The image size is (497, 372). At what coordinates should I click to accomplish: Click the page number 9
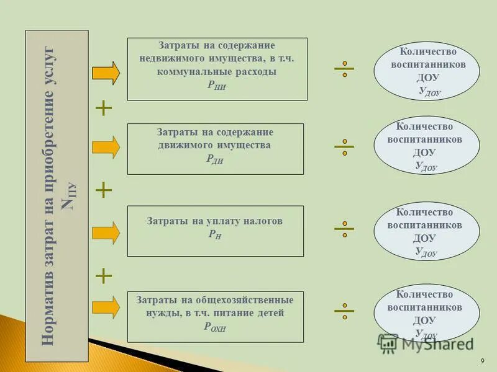[x=483, y=361]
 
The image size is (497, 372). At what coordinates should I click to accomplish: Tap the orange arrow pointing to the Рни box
[x=106, y=73]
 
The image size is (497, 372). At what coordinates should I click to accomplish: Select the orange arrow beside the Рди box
[x=106, y=147]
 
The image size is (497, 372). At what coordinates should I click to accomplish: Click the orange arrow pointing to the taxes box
[x=106, y=232]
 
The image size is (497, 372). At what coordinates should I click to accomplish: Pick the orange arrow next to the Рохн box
[x=106, y=307]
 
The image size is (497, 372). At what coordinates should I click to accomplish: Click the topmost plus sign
[x=104, y=109]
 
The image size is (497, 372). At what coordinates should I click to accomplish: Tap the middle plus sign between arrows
[x=104, y=190]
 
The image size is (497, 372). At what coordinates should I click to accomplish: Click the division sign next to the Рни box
[x=344, y=69]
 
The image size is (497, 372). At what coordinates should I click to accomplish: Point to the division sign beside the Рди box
[x=344, y=147]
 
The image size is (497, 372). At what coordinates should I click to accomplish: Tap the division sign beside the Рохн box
[x=344, y=309]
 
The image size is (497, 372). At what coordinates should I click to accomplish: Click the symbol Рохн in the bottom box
[x=215, y=328]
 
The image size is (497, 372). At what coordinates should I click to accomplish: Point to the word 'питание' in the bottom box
[x=241, y=313]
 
